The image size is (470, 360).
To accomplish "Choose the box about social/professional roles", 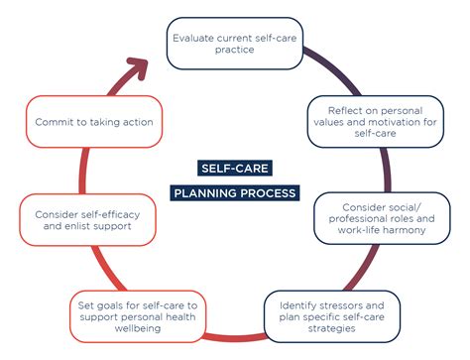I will coord(383,218).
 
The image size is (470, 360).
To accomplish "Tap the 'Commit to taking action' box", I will coord(92,121).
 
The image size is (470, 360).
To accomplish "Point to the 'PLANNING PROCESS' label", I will coord(234,192).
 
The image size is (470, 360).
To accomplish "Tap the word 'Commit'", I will coord(56,121).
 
